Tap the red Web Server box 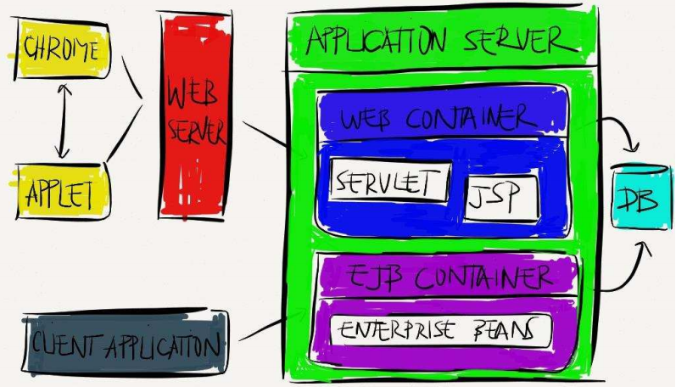195,115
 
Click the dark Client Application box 126,344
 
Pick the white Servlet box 388,182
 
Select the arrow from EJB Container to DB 628,272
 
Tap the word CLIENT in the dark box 64,345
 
